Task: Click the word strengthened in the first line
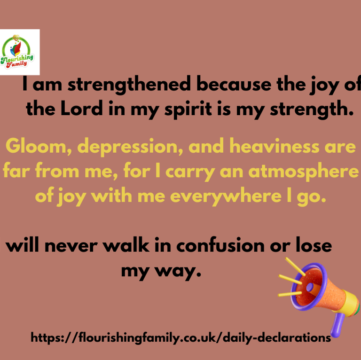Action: pyautogui.click(x=129, y=85)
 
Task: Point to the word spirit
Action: pyautogui.click(x=188, y=110)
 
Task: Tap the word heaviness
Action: pyautogui.click(x=275, y=146)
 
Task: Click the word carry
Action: pyautogui.click(x=190, y=172)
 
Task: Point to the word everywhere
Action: pyautogui.click(x=226, y=197)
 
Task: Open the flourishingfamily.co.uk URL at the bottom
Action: pyautogui.click(x=180, y=338)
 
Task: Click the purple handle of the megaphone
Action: pyautogui.click(x=337, y=325)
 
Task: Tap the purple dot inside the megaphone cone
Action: pyautogui.click(x=310, y=287)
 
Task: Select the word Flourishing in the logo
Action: pyautogui.click(x=17, y=59)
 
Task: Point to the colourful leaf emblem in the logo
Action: pyautogui.click(x=16, y=48)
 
